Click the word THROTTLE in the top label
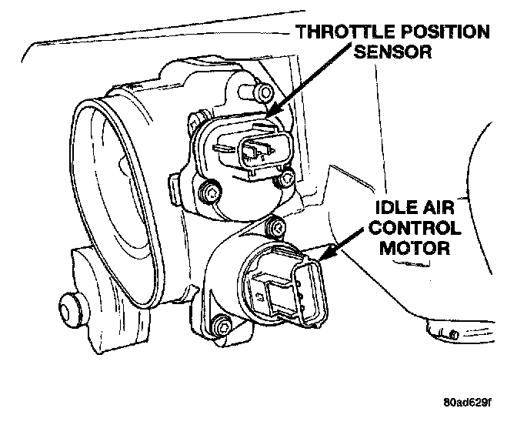(x=337, y=32)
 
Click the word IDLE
(x=400, y=209)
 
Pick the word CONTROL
(x=418, y=229)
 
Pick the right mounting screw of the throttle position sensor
(x=287, y=179)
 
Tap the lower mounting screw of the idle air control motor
(x=222, y=327)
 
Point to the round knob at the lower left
(x=73, y=311)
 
